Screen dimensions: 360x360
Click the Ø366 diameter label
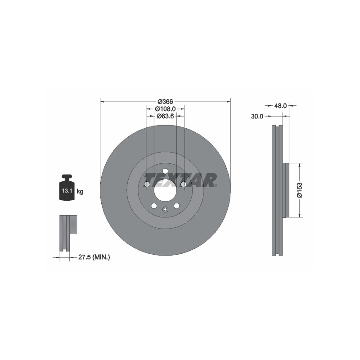[165, 102]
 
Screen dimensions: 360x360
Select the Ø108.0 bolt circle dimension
[165, 109]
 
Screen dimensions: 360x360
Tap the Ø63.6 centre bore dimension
[165, 116]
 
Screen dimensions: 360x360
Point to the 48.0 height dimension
[280, 106]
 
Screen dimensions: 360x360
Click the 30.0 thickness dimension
[257, 117]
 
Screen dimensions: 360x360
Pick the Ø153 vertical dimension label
[300, 190]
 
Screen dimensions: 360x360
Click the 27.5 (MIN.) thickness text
[94, 257]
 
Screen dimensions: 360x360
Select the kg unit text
[80, 191]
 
